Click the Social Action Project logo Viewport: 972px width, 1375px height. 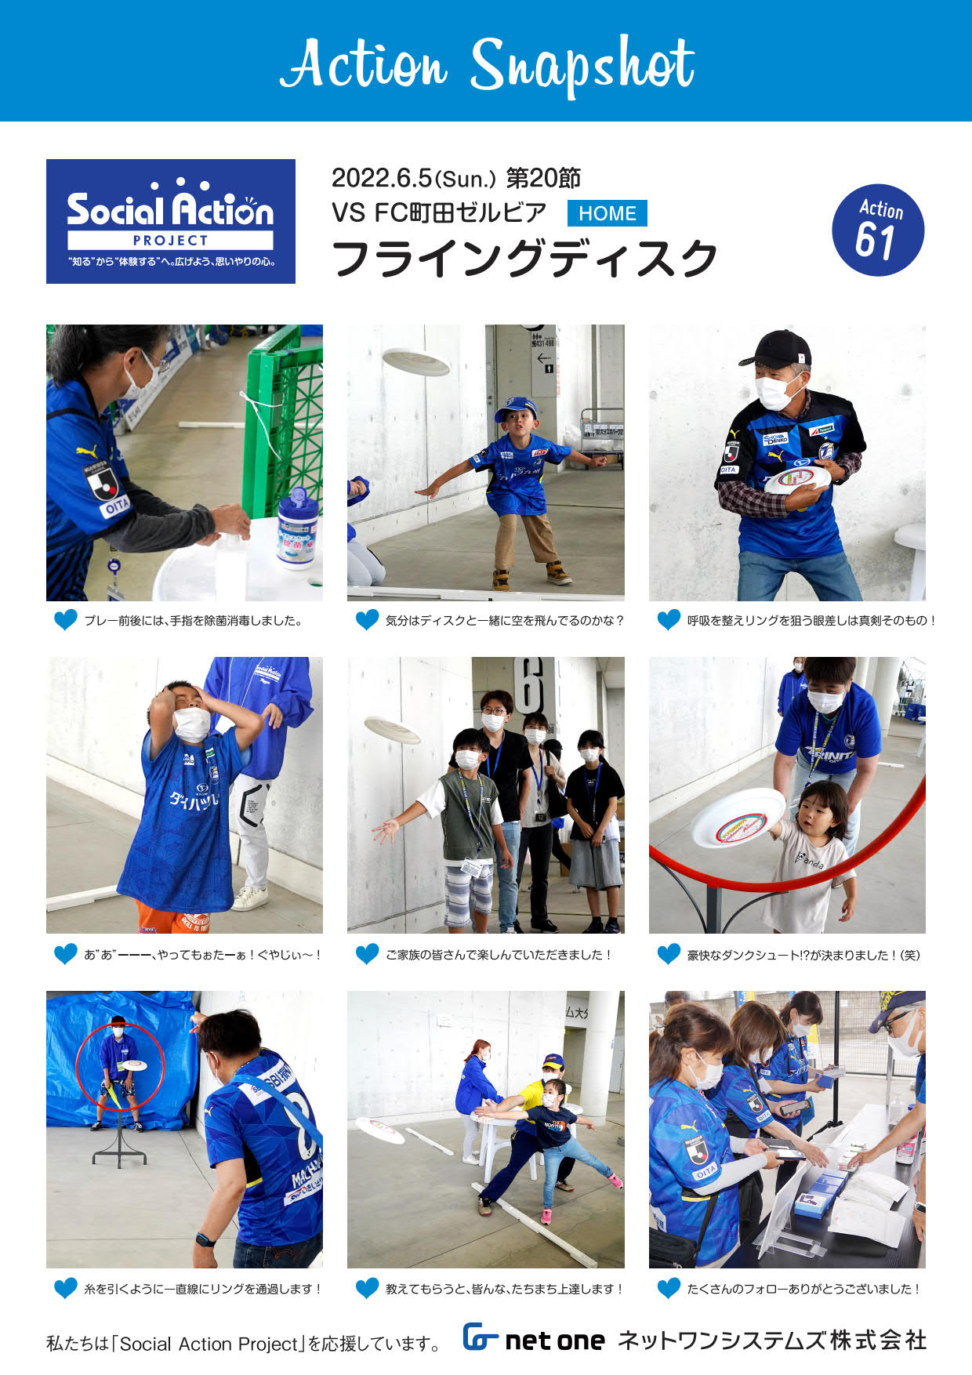[171, 221]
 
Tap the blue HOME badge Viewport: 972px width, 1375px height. [607, 213]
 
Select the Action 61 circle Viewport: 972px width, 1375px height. [878, 230]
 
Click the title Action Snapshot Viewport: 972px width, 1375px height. [487, 64]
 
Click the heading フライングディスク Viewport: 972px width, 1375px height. [524, 258]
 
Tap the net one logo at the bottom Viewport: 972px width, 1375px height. [533, 1339]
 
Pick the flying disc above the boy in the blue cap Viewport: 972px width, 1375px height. [416, 362]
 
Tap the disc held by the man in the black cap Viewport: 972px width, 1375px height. [797, 479]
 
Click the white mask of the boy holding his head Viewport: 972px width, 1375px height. [191, 724]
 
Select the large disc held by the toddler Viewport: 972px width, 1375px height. [738, 818]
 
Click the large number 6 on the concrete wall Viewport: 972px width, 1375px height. [531, 686]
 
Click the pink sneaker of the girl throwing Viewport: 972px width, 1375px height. [615, 1180]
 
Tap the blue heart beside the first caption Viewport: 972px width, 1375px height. [65, 620]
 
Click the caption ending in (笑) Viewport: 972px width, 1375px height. [803, 955]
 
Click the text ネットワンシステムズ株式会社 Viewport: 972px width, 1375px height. [772, 1340]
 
